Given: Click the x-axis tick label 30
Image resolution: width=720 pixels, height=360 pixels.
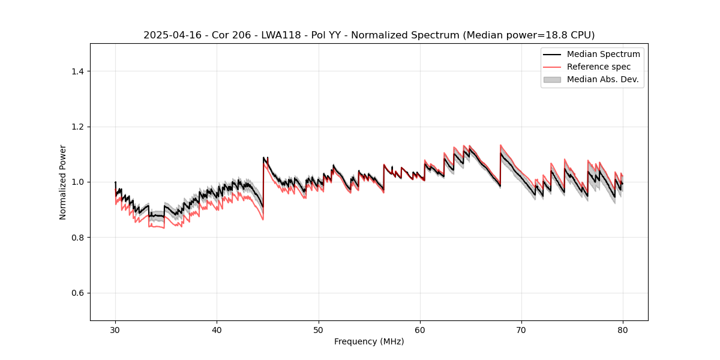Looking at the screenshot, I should point(115,329).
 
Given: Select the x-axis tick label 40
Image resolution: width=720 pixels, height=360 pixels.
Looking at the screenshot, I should point(217,329).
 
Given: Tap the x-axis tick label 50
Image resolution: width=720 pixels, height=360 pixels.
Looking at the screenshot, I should point(319,329).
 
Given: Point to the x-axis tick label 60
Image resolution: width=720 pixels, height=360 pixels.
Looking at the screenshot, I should point(420,329).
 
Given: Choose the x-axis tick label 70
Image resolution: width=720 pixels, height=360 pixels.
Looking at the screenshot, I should point(521,329).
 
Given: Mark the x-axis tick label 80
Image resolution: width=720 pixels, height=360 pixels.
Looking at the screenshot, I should point(623,329).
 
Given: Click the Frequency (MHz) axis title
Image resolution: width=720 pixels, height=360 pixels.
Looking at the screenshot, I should point(369,341).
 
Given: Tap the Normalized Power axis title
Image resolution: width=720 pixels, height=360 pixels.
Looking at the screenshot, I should point(63,182).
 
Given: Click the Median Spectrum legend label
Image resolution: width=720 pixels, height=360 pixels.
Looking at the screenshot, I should point(603,54).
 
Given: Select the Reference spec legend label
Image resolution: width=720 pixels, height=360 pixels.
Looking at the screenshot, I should point(599,67).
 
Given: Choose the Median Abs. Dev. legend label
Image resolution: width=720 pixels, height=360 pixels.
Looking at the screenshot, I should point(602,79).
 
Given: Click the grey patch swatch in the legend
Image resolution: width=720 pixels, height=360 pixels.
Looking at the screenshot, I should point(552,79).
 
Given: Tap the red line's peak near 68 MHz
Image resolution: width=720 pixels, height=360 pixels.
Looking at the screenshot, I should point(500,145).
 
